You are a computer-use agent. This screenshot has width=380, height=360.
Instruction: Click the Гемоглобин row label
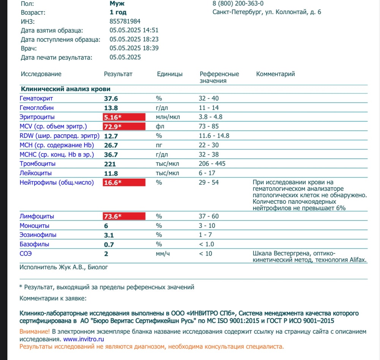pyautogui.click(x=36, y=108)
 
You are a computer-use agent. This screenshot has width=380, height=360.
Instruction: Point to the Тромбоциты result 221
pyautogui.click(x=110, y=164)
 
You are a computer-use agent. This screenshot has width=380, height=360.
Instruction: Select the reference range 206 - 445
pyautogui.click(x=212, y=164)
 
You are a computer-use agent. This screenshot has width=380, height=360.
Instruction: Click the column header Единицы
pyautogui.click(x=169, y=74)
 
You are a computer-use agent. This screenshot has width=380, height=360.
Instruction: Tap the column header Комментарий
pyautogui.click(x=275, y=74)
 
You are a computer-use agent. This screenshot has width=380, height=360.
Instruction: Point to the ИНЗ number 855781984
pyautogui.click(x=125, y=22)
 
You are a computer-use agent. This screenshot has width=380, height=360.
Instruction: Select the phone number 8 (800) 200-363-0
pyautogui.click(x=238, y=3)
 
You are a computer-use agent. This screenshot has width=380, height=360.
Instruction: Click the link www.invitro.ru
pyautogui.click(x=84, y=339)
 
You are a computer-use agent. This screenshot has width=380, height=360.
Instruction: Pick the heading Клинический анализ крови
pyautogui.click(x=65, y=89)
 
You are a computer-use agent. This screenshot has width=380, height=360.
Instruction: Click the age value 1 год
pyautogui.click(x=118, y=13)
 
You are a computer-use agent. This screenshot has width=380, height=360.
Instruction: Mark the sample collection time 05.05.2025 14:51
pyautogui.click(x=134, y=30)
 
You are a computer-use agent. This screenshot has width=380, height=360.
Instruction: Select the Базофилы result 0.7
pyautogui.click(x=109, y=244)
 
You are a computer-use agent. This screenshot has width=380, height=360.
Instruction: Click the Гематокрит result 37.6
pyautogui.click(x=111, y=98)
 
